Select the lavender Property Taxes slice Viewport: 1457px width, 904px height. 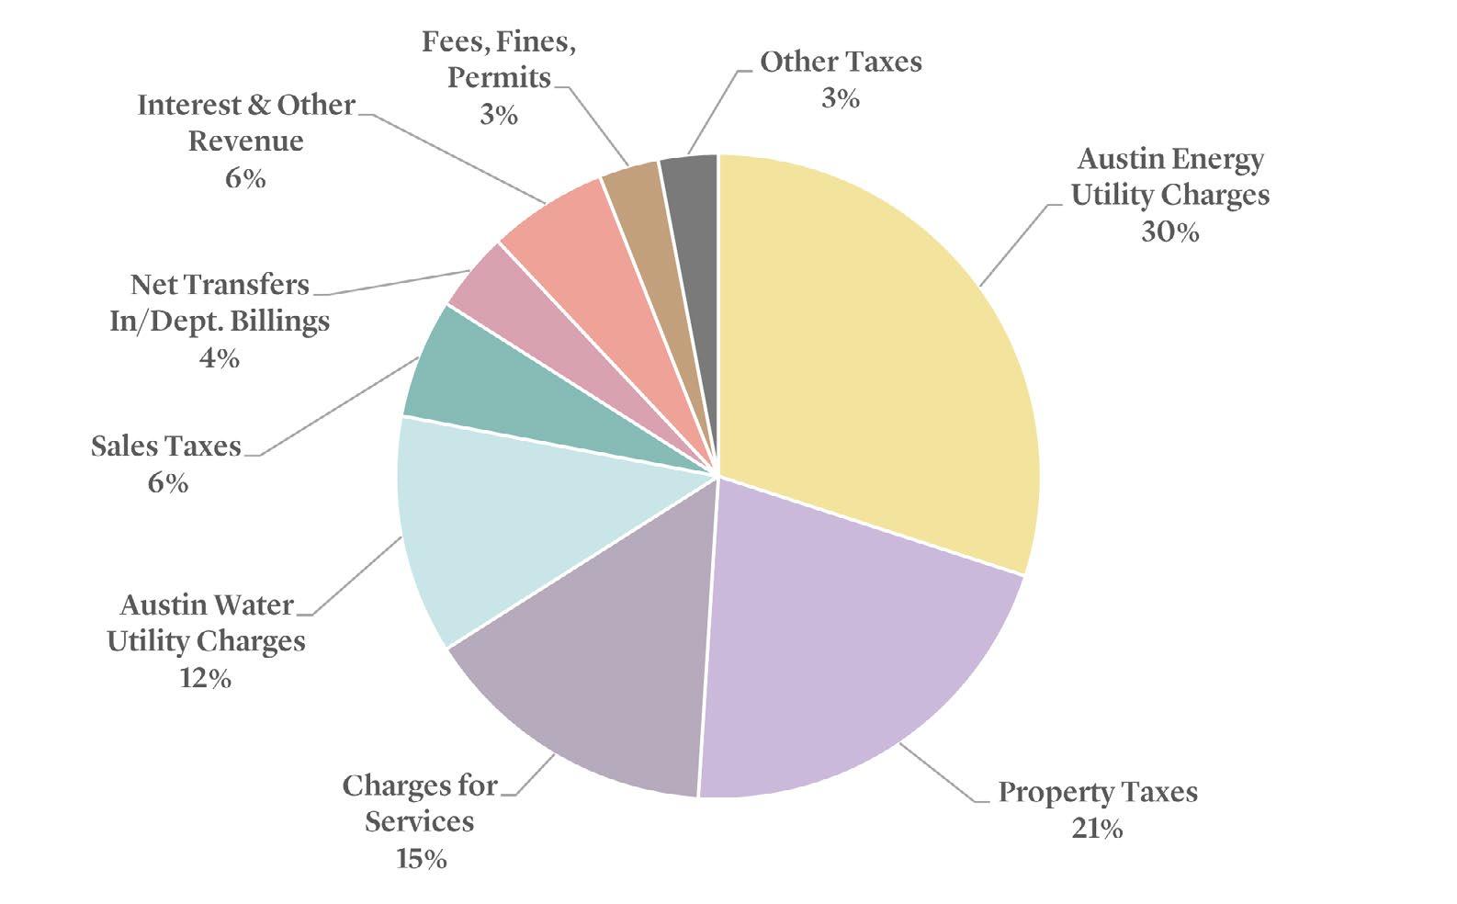(845, 650)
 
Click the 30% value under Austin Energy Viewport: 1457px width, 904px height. (1170, 232)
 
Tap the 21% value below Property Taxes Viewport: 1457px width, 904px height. (1097, 829)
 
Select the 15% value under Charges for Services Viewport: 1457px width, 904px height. (422, 859)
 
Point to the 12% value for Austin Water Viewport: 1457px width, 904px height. (206, 678)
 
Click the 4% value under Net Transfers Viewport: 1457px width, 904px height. (220, 357)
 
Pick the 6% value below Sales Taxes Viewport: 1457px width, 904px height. (168, 482)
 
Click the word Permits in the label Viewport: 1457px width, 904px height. (499, 78)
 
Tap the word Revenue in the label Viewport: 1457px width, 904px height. (246, 141)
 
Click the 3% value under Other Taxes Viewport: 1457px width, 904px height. (841, 98)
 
